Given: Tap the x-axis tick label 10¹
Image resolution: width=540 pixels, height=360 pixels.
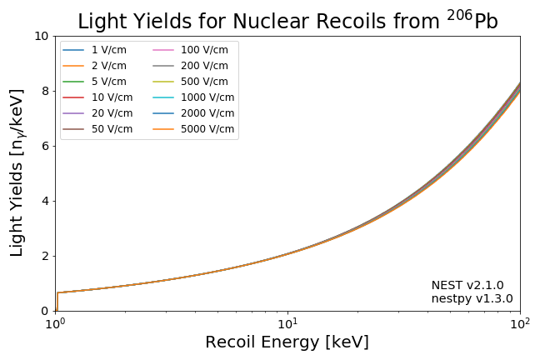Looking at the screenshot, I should click(x=287, y=323).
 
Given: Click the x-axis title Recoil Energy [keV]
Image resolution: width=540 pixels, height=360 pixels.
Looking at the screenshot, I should click(x=287, y=342).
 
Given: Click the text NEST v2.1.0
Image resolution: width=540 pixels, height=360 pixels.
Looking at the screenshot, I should click(x=467, y=285).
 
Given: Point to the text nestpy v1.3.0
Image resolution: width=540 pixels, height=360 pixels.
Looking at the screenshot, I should click(x=472, y=298).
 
